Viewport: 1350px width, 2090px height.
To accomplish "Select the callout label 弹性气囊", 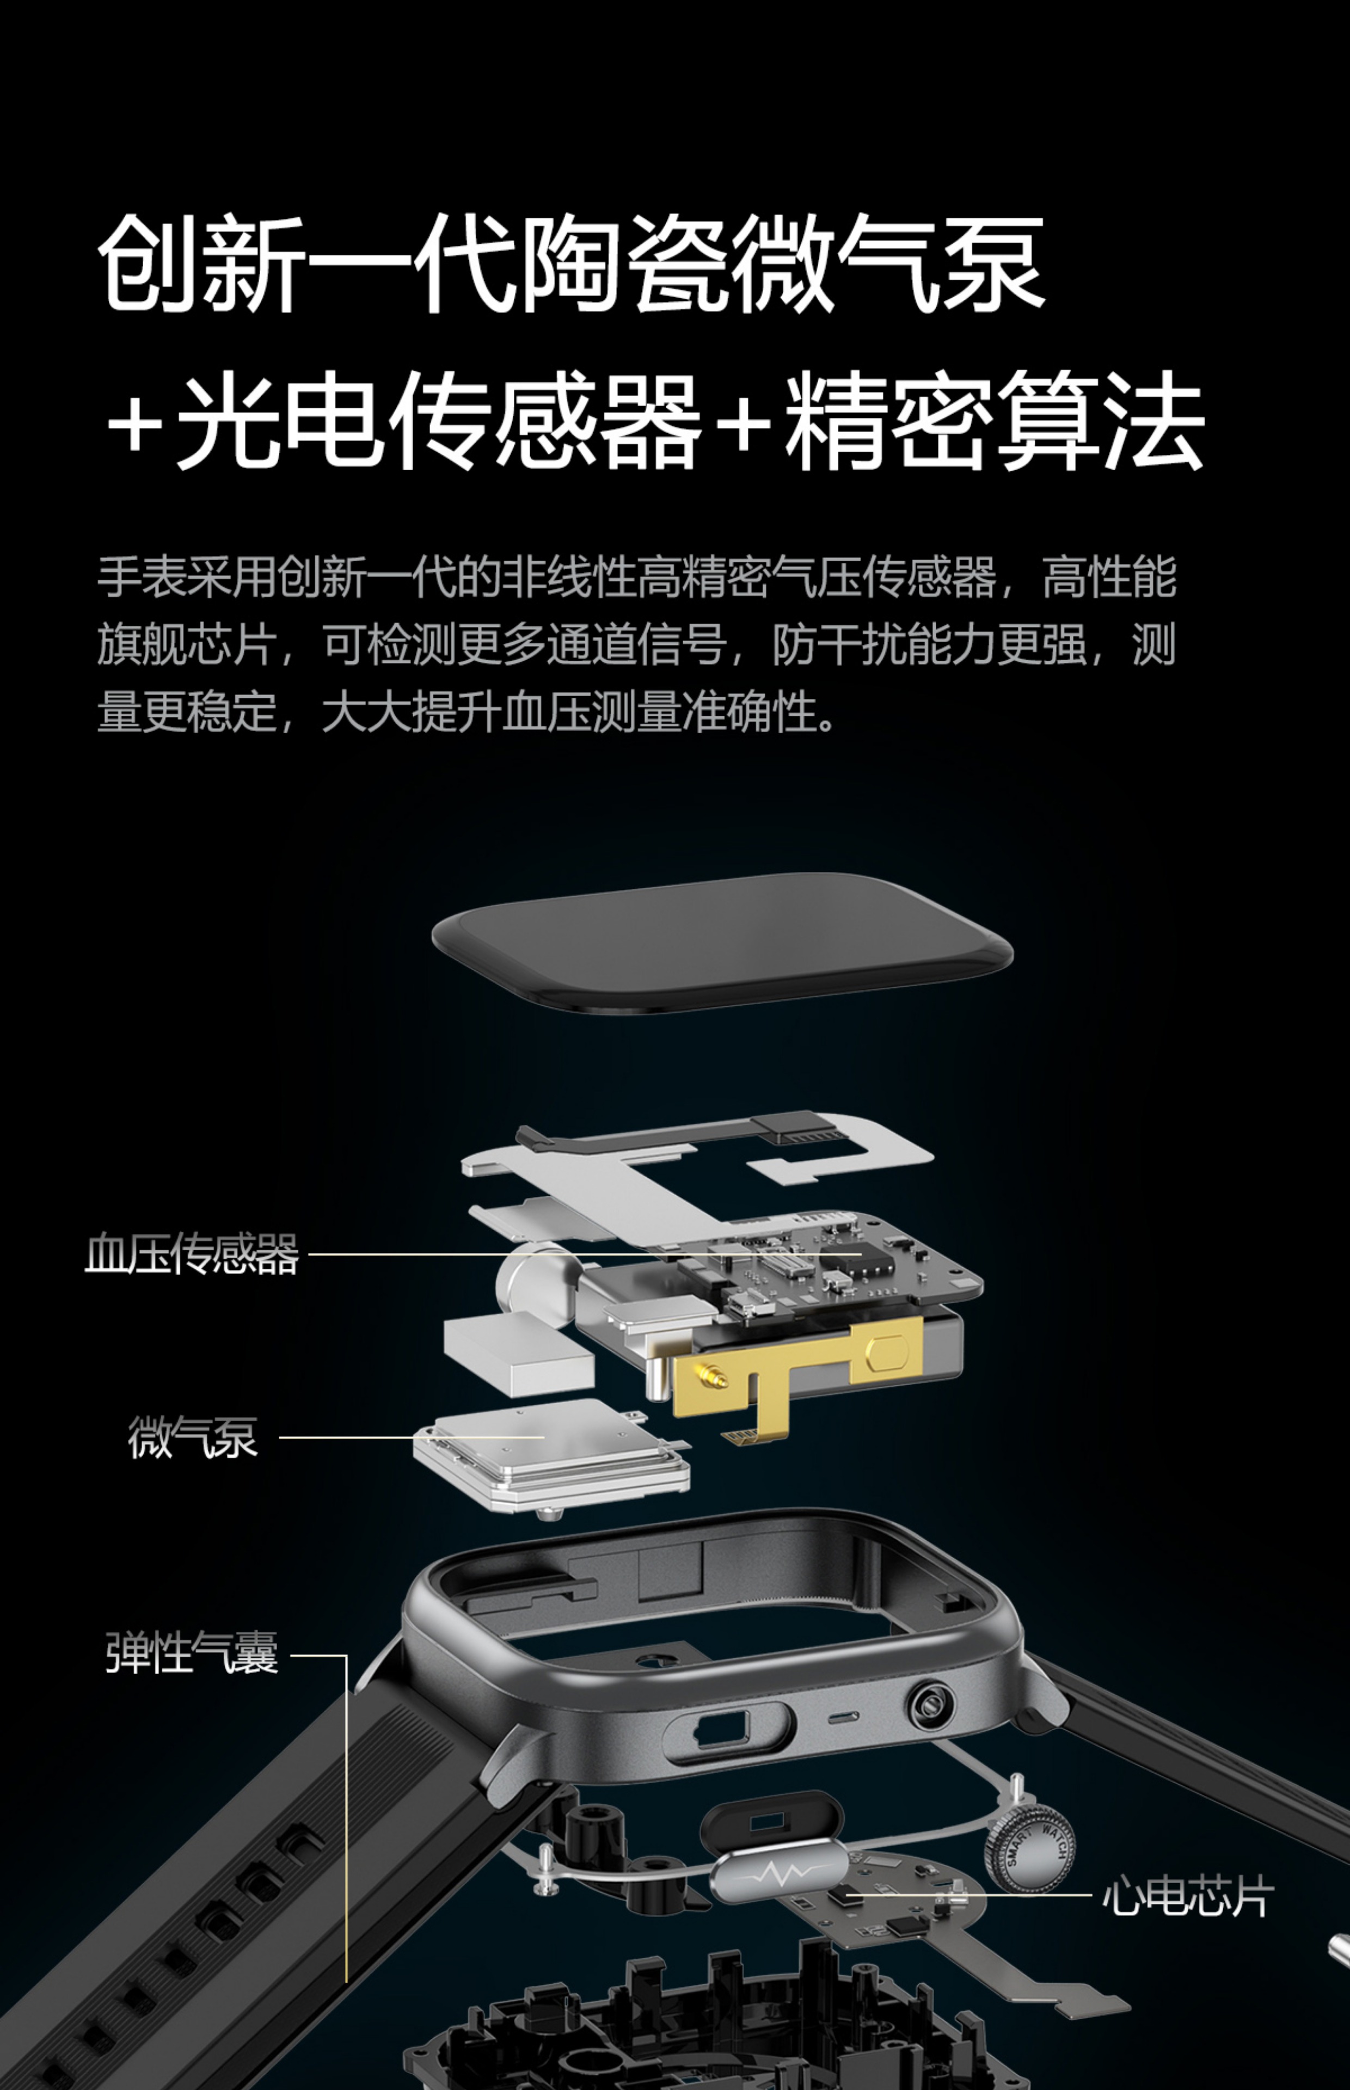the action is pos(192,1653).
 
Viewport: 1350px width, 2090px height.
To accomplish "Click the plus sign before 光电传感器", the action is pos(136,426).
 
